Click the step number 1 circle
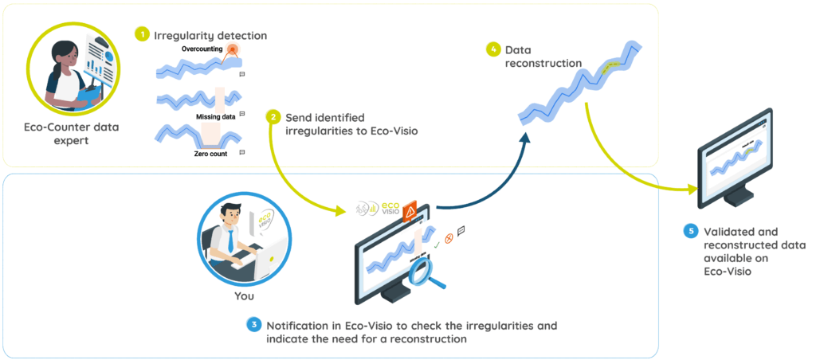tap(142, 35)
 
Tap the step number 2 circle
tap(273, 116)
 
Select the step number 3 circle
tap(253, 325)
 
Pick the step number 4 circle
tap(494, 49)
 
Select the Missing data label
tap(215, 116)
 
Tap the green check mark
tap(437, 237)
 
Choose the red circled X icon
tap(449, 237)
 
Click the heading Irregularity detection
tap(210, 35)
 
